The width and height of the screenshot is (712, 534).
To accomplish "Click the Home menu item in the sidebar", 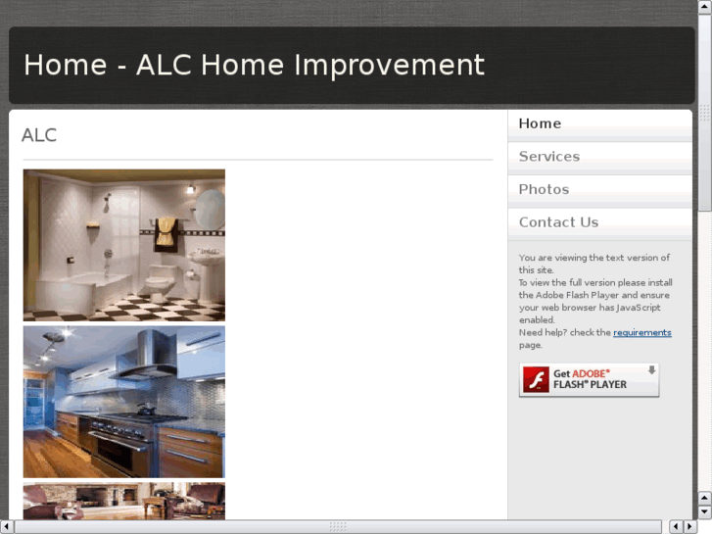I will click(x=540, y=123).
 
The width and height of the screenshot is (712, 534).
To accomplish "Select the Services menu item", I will click(x=548, y=157).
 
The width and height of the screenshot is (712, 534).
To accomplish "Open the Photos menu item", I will click(x=544, y=189).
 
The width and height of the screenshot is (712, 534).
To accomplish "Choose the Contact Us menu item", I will click(x=558, y=222).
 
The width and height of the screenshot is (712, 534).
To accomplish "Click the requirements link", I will click(x=641, y=333).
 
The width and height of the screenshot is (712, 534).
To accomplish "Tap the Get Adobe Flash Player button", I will click(x=589, y=380).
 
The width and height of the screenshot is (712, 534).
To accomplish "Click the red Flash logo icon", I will click(x=536, y=380).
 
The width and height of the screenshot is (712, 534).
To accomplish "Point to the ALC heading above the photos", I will click(x=39, y=135).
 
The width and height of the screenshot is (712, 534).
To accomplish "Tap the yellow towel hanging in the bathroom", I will click(x=166, y=231).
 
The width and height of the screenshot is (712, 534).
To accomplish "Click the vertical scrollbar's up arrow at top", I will click(x=704, y=7).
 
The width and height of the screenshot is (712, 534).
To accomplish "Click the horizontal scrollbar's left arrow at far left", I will click(x=7, y=527).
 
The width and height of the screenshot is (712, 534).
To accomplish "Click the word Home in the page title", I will click(x=65, y=65).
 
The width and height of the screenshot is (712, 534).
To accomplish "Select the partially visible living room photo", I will click(x=123, y=501).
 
